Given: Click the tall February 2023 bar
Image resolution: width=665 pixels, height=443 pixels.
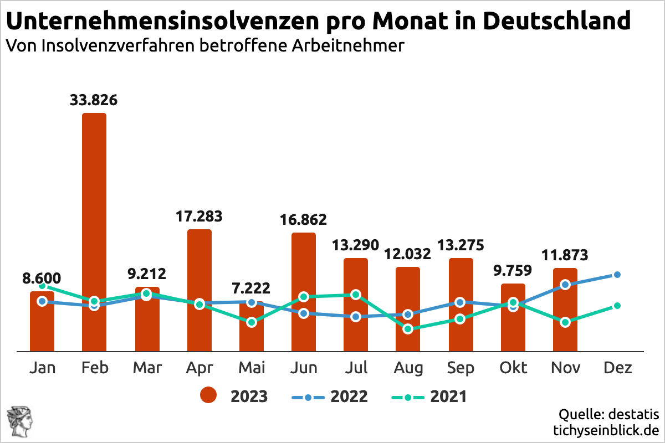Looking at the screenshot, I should pos(94,210).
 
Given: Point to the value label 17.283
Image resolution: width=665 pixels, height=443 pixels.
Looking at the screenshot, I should pos(199,216).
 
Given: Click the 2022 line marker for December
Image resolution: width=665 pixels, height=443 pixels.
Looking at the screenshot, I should pos(617,275).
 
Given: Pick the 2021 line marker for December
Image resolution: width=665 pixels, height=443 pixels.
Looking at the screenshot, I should pos(617,306).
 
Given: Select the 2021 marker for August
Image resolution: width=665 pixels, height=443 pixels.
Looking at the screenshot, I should pos(408,329).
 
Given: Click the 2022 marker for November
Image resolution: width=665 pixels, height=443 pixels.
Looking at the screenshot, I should pos(565,285).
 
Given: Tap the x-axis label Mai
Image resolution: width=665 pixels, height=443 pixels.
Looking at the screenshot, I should pos(252,368).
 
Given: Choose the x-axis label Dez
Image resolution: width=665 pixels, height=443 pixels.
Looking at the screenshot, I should pos(617,368).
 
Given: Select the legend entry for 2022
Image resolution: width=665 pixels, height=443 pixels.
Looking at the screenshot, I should pos(329,396).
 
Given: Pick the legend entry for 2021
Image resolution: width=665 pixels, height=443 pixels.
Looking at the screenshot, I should pos(429,396).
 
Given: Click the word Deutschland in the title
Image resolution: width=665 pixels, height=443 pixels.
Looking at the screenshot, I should pos(556,21).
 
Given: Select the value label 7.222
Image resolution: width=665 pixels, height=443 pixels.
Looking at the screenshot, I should pos(251,288).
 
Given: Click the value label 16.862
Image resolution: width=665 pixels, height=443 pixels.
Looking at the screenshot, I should pos(304,220).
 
